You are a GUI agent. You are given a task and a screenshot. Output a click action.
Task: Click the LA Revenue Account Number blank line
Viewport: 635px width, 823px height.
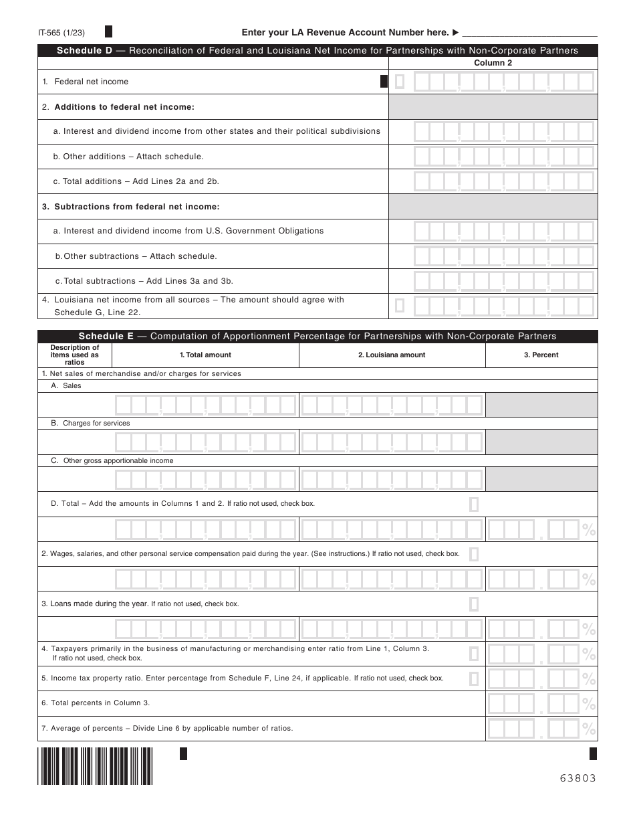[x=529, y=33]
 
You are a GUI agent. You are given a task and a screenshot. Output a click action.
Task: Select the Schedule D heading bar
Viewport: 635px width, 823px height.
[x=317, y=51]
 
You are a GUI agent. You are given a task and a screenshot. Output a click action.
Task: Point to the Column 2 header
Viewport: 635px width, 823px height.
[x=493, y=63]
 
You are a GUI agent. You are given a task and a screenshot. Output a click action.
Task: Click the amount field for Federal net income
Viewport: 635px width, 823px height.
[x=503, y=82]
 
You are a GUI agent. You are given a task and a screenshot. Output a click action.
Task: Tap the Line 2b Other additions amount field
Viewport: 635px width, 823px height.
[x=503, y=157]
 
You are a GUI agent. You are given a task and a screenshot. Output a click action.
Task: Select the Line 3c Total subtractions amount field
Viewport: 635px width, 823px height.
[x=503, y=281]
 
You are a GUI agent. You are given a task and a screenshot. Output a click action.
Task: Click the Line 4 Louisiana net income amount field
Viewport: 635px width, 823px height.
[x=503, y=306]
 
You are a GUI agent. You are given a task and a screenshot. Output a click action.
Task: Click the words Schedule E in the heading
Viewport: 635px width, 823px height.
[x=106, y=337]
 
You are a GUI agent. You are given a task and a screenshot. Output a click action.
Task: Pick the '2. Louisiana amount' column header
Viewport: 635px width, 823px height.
[x=392, y=355]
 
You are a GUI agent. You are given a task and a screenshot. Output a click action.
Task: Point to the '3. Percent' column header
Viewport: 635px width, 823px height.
[x=541, y=355]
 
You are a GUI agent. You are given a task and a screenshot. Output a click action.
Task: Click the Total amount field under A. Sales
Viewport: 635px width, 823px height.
[x=205, y=405]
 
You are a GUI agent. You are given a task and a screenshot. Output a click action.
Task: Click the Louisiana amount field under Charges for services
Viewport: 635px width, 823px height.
[x=392, y=442]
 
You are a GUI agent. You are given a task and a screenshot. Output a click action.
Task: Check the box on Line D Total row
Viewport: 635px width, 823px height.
[x=474, y=504]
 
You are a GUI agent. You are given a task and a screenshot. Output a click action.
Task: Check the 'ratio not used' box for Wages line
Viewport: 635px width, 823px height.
[x=474, y=554]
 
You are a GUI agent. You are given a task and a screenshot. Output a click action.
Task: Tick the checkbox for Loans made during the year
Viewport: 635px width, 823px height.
[x=474, y=604]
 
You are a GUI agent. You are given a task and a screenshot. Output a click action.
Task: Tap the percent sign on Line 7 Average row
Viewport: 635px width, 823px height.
[x=589, y=729]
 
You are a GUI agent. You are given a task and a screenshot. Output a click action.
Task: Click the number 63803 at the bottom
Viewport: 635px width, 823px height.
[x=578, y=778]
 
